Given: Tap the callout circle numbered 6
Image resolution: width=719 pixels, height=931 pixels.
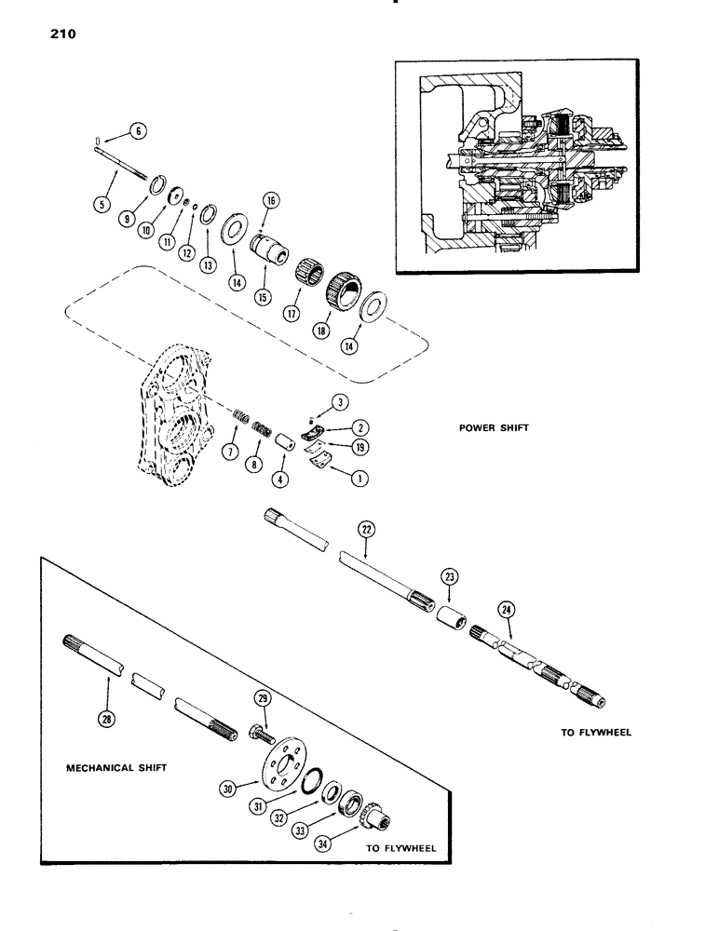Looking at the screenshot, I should click(x=136, y=132).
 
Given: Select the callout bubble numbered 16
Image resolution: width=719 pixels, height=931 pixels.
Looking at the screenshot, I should click(x=271, y=200).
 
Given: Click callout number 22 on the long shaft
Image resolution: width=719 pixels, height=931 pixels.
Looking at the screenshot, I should click(x=366, y=528).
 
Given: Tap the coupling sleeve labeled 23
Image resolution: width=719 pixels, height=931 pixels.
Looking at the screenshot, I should click(x=443, y=617).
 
